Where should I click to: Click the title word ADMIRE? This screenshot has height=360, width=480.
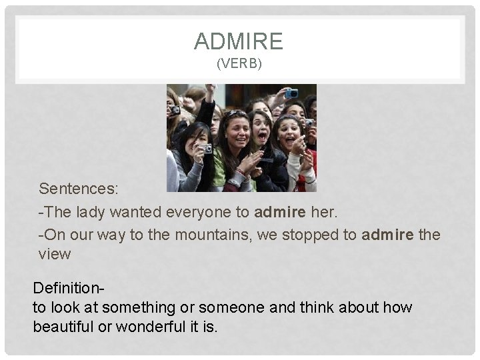pos(239,42)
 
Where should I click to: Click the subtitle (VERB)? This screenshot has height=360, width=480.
pos(239,65)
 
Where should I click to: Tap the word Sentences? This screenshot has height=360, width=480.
pos(79,189)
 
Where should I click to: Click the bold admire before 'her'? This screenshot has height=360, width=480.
pos(280,212)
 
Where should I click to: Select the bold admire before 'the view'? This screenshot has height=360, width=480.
pos(388,235)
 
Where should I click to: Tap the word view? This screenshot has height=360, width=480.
pos(55,254)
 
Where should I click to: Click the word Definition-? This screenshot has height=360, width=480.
pos(69,289)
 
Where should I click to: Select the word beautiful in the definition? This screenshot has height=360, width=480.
pos(64,327)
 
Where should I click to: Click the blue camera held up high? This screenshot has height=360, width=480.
pos(291,93)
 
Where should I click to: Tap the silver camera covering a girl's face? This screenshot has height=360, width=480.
pos(205,148)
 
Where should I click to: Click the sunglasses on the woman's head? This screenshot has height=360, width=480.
pos(236,113)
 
